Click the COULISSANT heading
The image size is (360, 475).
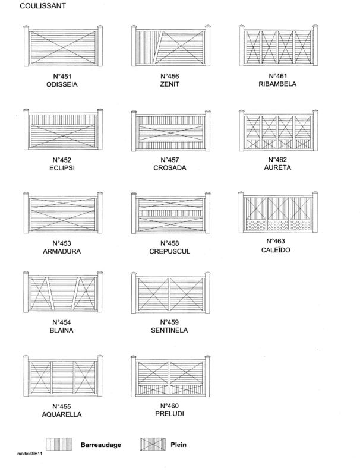[43, 6]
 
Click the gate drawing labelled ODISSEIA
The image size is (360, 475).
[63, 46]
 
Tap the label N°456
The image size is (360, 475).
[170, 76]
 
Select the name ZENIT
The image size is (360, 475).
[170, 84]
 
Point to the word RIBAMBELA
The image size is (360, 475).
[277, 84]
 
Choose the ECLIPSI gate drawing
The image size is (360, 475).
[63, 129]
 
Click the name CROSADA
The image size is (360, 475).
[170, 168]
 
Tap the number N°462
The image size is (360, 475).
[277, 160]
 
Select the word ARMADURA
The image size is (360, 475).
[62, 251]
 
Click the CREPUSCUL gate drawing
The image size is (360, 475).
[170, 213]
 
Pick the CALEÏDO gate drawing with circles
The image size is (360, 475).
[279, 212]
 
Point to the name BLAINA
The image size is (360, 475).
[62, 330]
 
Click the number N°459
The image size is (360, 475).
[169, 322]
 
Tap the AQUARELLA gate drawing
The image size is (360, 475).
[63, 376]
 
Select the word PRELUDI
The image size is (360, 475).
[169, 414]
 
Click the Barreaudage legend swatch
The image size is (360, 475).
[59, 444]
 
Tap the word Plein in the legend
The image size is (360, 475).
[178, 445]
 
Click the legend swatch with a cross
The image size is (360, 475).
[153, 444]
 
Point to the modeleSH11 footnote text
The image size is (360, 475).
[29, 454]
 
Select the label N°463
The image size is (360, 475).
[276, 242]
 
